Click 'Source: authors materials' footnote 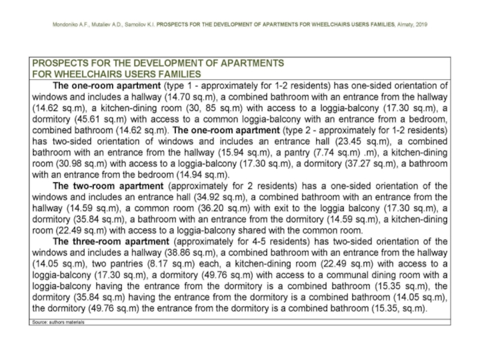[58, 322]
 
